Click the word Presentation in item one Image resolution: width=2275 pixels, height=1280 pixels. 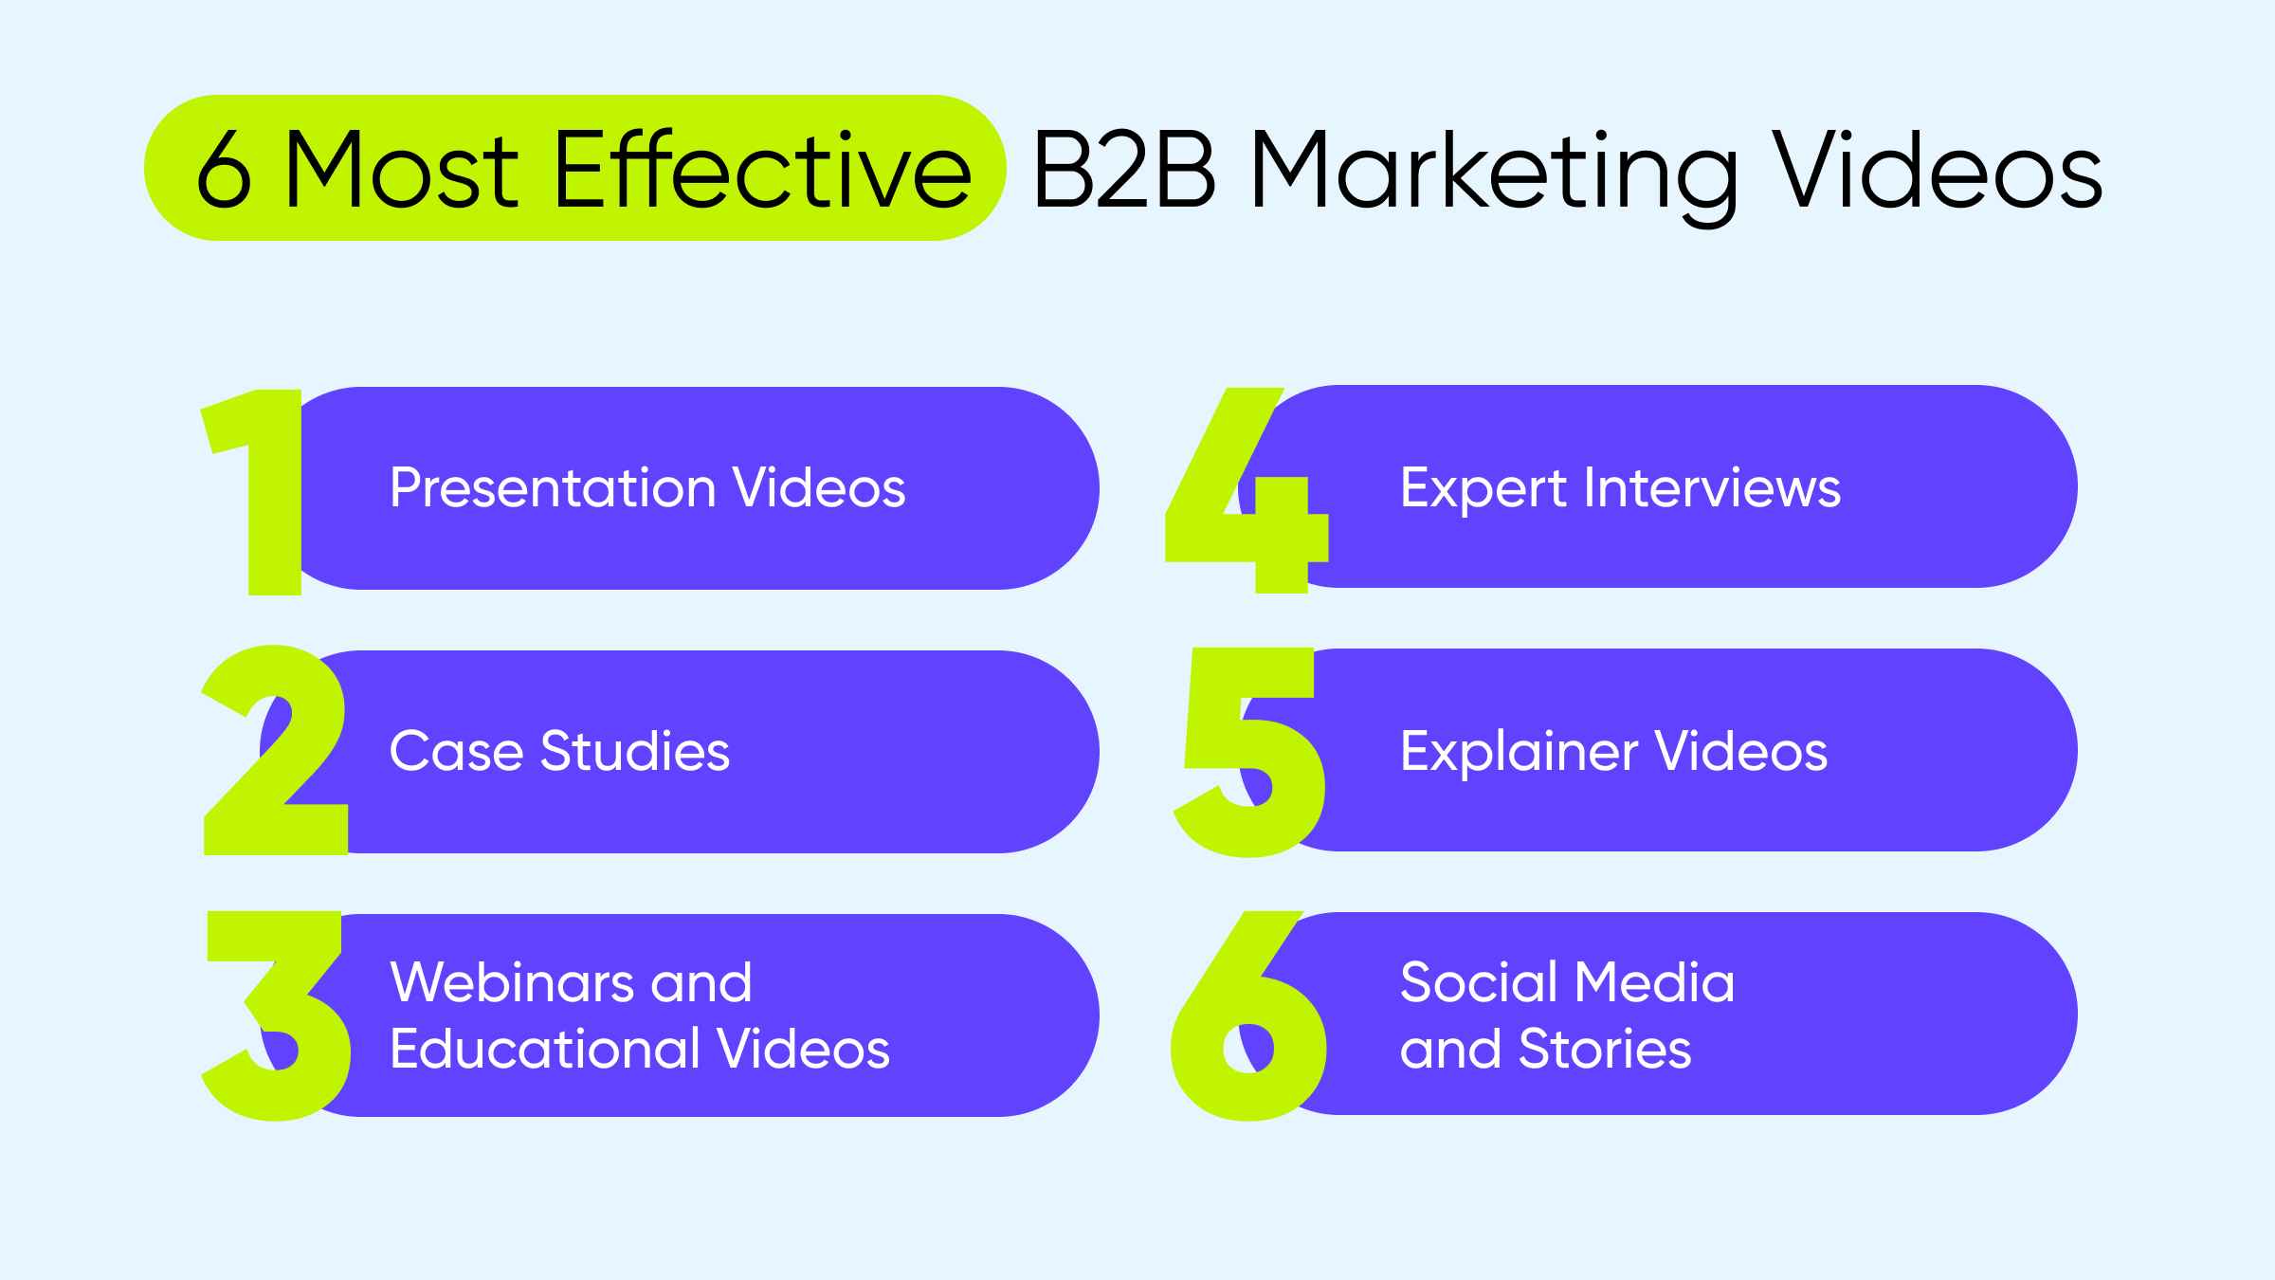[553, 488]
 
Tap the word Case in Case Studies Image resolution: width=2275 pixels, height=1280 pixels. [456, 752]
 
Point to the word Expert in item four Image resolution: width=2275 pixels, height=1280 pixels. [1483, 489]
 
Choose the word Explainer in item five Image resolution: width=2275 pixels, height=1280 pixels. [1519, 752]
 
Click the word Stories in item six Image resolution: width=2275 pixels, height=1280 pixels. [1605, 1049]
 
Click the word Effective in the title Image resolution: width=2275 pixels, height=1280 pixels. [762, 169]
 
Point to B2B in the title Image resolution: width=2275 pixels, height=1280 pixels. [1124, 169]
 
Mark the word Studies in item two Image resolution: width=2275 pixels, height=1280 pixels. [635, 752]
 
